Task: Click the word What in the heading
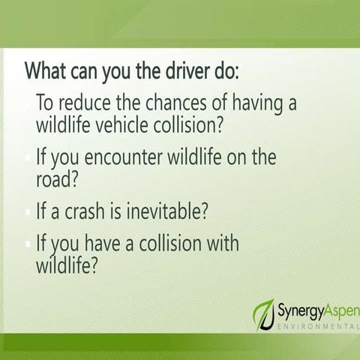(46, 70)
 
